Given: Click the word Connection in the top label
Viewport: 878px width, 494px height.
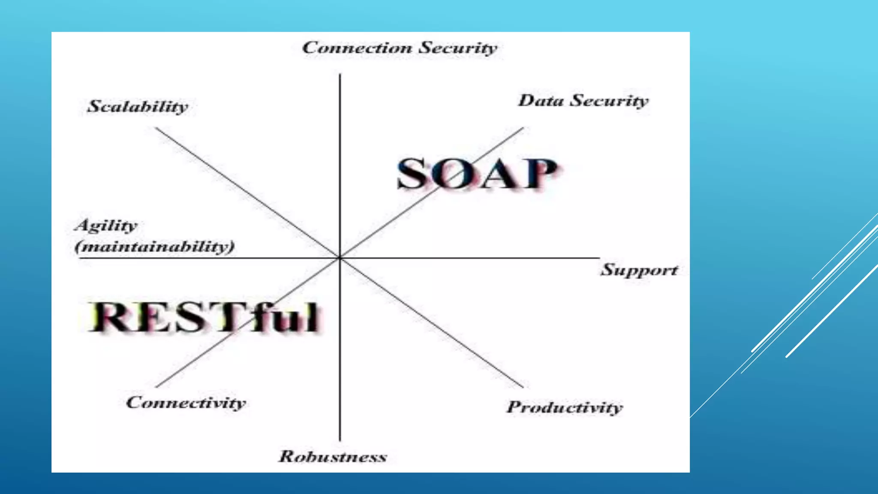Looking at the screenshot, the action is (x=357, y=48).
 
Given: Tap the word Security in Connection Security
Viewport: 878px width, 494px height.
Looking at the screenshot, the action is (x=457, y=48).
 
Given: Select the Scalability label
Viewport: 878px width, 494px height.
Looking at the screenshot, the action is (x=138, y=106).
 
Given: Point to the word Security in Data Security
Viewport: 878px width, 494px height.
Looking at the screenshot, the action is (x=610, y=101).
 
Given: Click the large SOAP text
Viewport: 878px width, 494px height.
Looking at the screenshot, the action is (x=477, y=174).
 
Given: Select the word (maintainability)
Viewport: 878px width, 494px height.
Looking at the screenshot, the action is (x=155, y=247).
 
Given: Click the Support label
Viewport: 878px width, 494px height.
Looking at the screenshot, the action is (x=639, y=270).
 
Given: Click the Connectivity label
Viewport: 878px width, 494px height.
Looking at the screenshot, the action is (x=186, y=403).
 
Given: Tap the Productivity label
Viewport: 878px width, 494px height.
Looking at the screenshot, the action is (x=565, y=407).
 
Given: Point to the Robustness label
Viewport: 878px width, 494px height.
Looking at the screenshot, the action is (x=333, y=456).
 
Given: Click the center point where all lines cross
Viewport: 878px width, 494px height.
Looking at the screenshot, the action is (x=340, y=258).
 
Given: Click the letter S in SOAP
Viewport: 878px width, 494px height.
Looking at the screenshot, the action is (x=413, y=174).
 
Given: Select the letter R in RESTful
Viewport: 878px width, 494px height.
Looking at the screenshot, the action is (x=107, y=317).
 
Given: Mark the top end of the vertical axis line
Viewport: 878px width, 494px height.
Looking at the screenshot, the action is (x=340, y=75).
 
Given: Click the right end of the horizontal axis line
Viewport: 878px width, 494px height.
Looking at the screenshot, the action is (x=598, y=258).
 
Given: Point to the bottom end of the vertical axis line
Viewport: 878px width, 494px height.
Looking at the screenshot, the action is (x=340, y=440).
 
